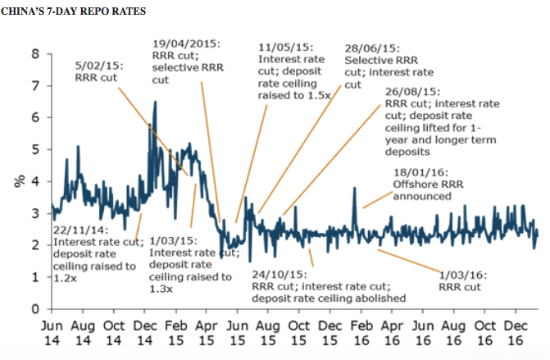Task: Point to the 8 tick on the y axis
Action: [x=34, y=54]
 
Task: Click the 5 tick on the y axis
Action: [x=34, y=150]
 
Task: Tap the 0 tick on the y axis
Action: [x=34, y=309]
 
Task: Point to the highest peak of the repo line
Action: [x=156, y=102]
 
